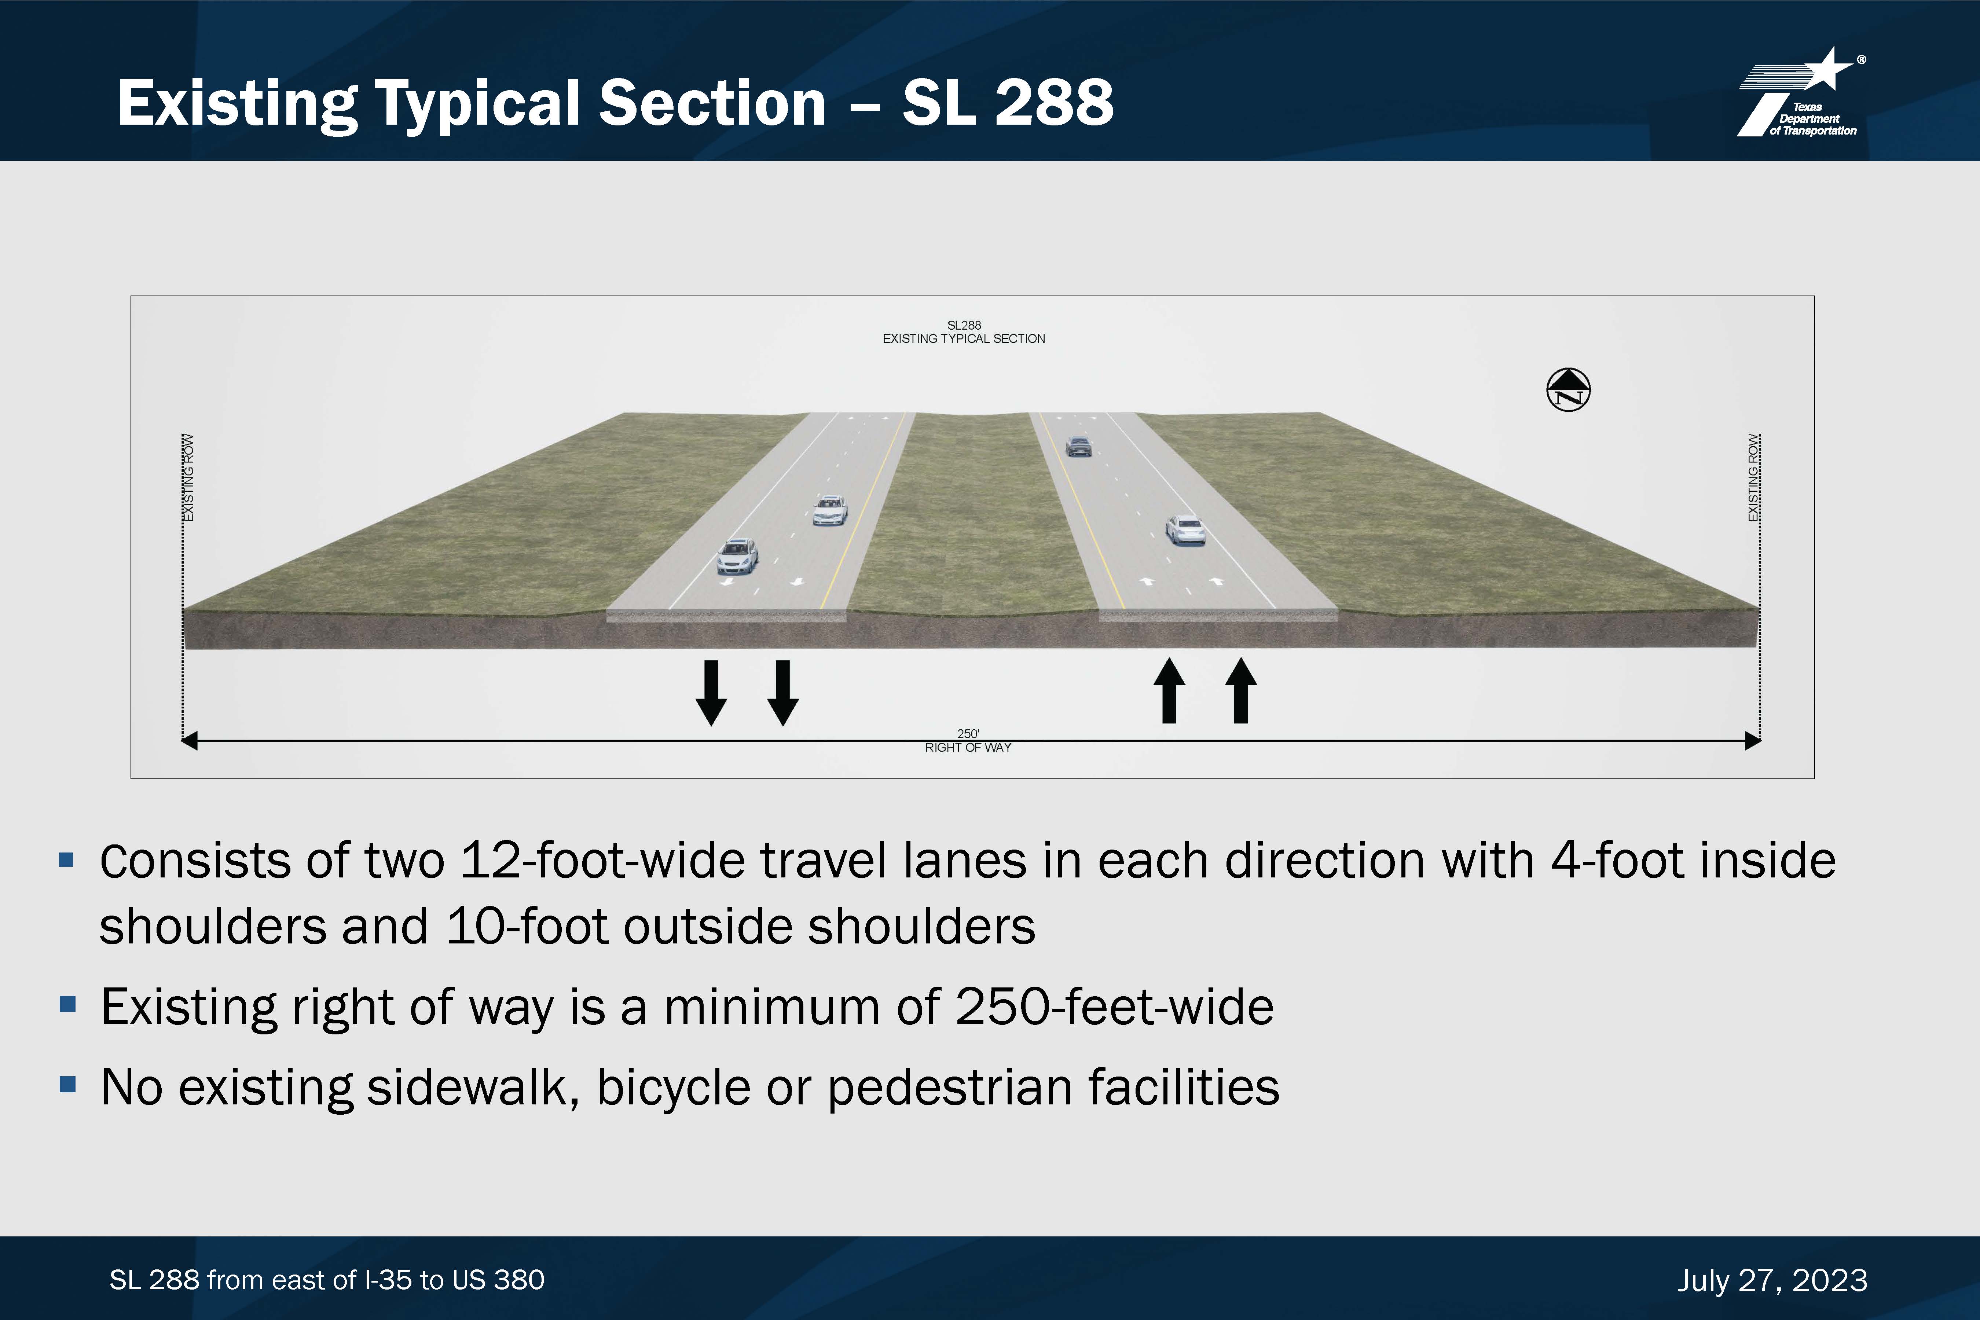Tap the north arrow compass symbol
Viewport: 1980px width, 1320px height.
pyautogui.click(x=1568, y=390)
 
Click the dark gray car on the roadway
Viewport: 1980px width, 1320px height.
pyautogui.click(x=1078, y=446)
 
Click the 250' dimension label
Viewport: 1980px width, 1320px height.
pyautogui.click(x=968, y=733)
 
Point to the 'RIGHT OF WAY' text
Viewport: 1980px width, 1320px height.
pyautogui.click(x=968, y=748)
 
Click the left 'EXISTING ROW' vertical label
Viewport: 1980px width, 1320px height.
pyautogui.click(x=188, y=477)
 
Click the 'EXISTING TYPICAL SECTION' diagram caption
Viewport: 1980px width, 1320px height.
pyautogui.click(x=964, y=338)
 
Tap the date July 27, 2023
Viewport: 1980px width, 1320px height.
pyautogui.click(x=1772, y=1280)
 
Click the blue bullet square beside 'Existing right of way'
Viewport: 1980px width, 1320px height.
pyautogui.click(x=68, y=1004)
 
